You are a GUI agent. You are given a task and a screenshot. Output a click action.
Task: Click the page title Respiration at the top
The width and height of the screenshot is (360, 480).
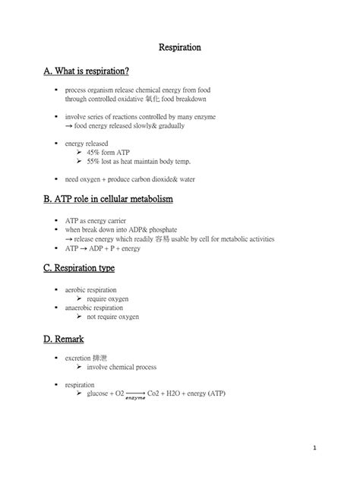[180, 47]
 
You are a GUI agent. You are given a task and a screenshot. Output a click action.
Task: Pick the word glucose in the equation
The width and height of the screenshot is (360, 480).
[101, 393]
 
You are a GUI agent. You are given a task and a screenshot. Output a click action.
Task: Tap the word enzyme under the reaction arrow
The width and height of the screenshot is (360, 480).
[136, 398]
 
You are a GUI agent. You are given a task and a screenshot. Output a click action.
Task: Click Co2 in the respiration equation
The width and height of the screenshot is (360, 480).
[156, 393]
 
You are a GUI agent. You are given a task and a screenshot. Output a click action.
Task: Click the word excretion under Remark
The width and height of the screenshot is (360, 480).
[81, 357]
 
